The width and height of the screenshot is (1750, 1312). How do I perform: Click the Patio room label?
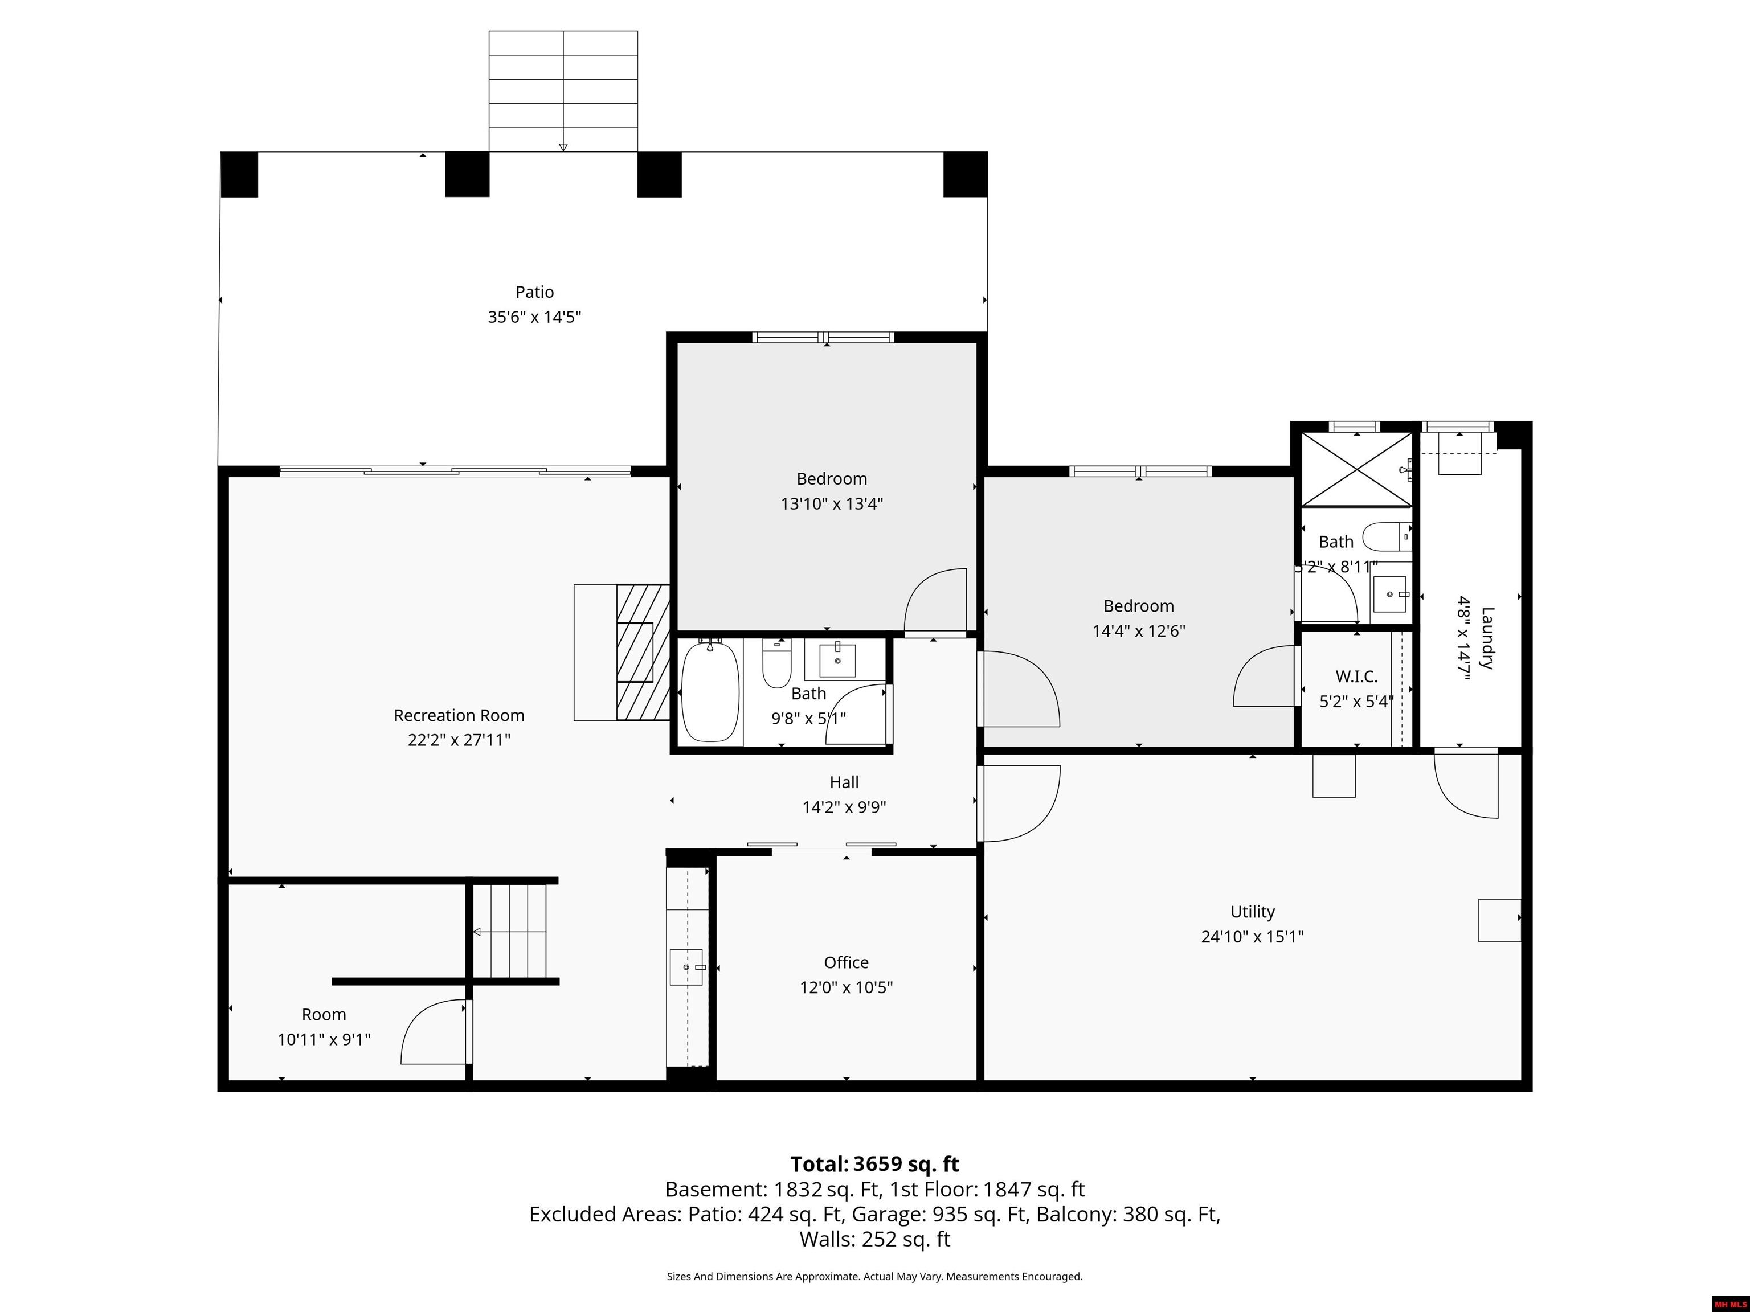535,292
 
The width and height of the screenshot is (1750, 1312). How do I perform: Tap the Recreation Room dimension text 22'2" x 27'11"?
459,740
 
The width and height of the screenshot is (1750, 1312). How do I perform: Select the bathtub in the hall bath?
710,691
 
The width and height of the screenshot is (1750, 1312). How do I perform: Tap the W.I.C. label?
1356,676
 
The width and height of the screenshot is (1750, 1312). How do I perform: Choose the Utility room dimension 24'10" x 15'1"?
1252,936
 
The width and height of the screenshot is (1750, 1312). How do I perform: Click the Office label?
846,962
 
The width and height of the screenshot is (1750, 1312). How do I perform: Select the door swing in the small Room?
434,1031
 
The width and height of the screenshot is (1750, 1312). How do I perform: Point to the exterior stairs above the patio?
563,91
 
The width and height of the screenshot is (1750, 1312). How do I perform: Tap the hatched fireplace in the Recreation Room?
643,653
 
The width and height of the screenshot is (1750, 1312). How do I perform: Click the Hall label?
844,782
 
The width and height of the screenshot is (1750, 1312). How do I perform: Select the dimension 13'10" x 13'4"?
832,504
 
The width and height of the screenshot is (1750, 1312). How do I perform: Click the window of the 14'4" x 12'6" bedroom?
1140,471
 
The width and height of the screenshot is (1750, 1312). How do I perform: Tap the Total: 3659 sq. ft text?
874,1164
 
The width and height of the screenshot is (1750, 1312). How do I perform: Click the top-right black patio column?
965,174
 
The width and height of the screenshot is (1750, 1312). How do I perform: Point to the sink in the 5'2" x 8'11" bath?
1391,594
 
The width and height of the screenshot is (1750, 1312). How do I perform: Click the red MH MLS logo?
1730,1304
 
